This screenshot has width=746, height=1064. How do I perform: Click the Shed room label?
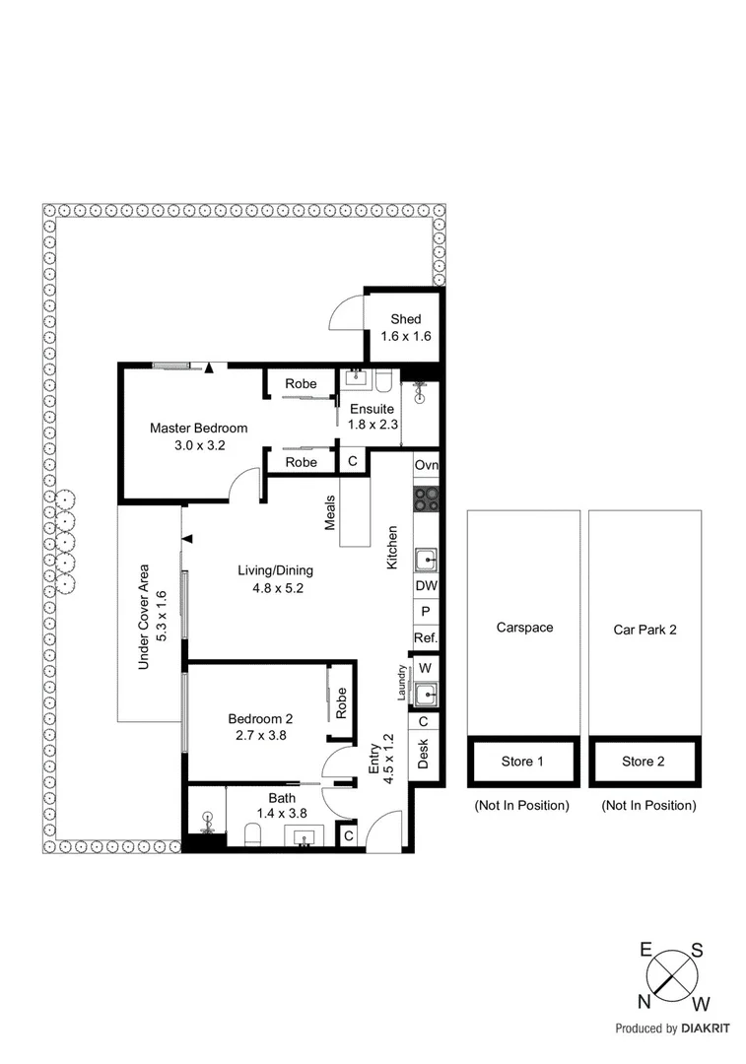(x=405, y=319)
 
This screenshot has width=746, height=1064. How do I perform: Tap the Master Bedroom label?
(x=198, y=428)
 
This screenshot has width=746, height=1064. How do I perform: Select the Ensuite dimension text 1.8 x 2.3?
(x=372, y=426)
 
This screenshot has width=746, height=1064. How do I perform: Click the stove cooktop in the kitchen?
(x=426, y=499)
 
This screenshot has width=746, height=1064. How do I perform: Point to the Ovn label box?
(x=426, y=466)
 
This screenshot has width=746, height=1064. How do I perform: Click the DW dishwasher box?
(x=426, y=585)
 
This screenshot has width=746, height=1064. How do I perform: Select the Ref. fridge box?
(x=426, y=638)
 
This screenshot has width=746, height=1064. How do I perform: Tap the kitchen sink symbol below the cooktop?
(x=426, y=561)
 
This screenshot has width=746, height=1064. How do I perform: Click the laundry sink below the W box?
(x=426, y=695)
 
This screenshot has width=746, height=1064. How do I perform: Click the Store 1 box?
(x=522, y=762)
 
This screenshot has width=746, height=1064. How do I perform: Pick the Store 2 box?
(x=644, y=762)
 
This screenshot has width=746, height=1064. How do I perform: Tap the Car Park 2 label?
(x=644, y=628)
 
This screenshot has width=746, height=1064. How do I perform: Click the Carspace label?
(x=524, y=628)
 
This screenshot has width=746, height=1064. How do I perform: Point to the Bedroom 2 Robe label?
(x=341, y=702)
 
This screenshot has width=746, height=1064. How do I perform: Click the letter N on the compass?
(x=644, y=1002)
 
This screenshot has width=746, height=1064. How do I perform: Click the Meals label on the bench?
(x=331, y=512)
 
